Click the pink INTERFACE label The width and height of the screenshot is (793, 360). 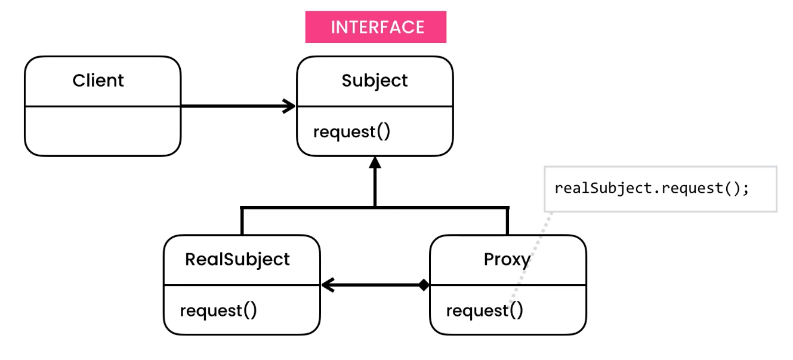pos(376,27)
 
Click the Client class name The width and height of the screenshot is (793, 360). pos(98,81)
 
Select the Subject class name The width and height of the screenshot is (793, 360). pos(375,81)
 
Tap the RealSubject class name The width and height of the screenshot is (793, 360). pos(237,259)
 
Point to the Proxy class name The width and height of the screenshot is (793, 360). pos(507,259)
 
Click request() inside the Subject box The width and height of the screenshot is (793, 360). pos(352,131)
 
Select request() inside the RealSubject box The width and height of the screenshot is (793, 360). pos(218,310)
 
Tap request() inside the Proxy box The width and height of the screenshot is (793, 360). pos(485,310)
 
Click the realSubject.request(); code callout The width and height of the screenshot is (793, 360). pos(652,189)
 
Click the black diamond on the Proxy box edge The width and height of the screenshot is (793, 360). pos(424,285)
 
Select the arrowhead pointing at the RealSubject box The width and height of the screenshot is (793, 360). pos(327,285)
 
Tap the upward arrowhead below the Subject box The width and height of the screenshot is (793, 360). pos(375,162)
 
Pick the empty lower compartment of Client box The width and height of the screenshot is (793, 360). pos(102,131)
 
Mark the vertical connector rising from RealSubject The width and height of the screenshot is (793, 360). pos(242,221)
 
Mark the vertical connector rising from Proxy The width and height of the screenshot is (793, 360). pos(507,221)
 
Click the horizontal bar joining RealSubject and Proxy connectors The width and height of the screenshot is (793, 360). pos(310,207)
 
